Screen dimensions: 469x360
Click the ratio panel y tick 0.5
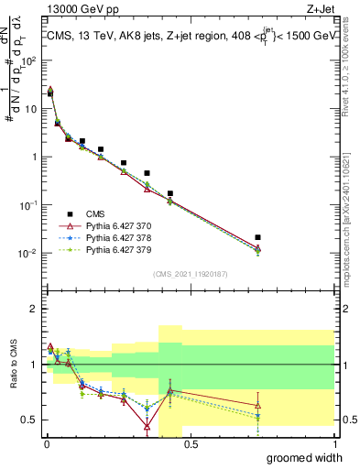coord(31,420)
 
